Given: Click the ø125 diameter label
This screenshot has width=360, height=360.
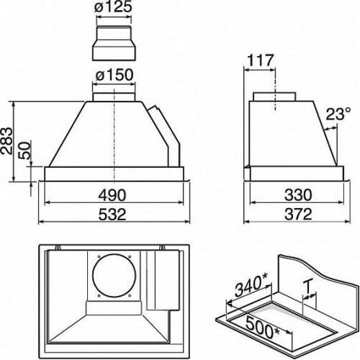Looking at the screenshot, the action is click(x=114, y=7).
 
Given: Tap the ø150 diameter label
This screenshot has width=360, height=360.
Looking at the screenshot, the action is click(x=114, y=75).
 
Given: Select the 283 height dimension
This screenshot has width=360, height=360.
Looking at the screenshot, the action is click(x=6, y=140).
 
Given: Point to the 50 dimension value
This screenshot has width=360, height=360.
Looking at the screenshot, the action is click(x=25, y=150).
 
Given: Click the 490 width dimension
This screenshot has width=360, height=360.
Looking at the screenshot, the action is click(x=112, y=194).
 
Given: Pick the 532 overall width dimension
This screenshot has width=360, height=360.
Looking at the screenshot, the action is click(x=112, y=214).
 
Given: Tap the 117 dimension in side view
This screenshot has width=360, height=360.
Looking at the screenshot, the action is click(x=260, y=60).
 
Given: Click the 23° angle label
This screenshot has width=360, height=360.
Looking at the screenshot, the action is click(x=338, y=114).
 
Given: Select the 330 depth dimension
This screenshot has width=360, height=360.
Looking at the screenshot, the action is click(x=298, y=194).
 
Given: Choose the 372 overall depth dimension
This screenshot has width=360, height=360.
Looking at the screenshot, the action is click(x=298, y=214).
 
